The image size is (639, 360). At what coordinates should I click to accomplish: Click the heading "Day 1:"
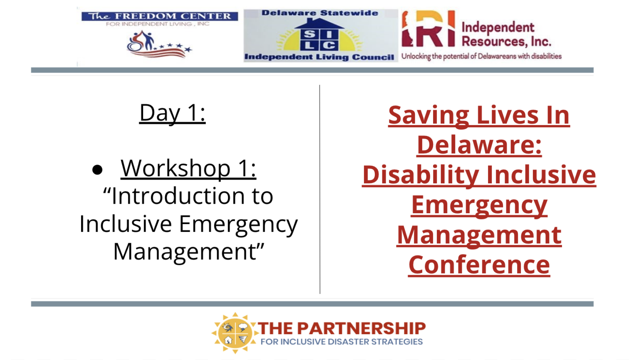click(x=172, y=113)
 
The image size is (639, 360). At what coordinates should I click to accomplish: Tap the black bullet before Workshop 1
click(x=97, y=170)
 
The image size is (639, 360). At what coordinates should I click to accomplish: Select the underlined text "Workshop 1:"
click(x=188, y=168)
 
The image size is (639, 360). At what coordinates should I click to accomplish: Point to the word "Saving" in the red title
click(x=428, y=115)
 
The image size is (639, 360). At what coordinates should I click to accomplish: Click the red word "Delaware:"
click(x=479, y=145)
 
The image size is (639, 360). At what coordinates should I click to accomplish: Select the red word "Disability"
click(x=421, y=175)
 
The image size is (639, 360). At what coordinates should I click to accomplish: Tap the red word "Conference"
click(x=479, y=265)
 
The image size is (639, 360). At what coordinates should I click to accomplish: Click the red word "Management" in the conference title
click(x=479, y=236)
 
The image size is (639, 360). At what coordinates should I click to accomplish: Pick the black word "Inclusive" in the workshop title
click(x=126, y=224)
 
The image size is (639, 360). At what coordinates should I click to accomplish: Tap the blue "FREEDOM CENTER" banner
click(x=160, y=16)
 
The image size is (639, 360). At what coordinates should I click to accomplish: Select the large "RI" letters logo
click(x=428, y=29)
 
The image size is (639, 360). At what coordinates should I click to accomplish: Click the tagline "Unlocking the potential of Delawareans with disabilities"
click(x=481, y=57)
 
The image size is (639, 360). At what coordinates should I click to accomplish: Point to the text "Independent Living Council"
click(x=319, y=57)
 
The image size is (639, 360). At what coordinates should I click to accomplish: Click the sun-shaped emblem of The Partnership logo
click(x=235, y=333)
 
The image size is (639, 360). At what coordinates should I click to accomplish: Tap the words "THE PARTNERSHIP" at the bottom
click(x=342, y=328)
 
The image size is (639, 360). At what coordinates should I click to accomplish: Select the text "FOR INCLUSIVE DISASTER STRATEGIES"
click(x=342, y=342)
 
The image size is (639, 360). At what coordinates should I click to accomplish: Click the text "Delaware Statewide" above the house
click(x=320, y=13)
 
